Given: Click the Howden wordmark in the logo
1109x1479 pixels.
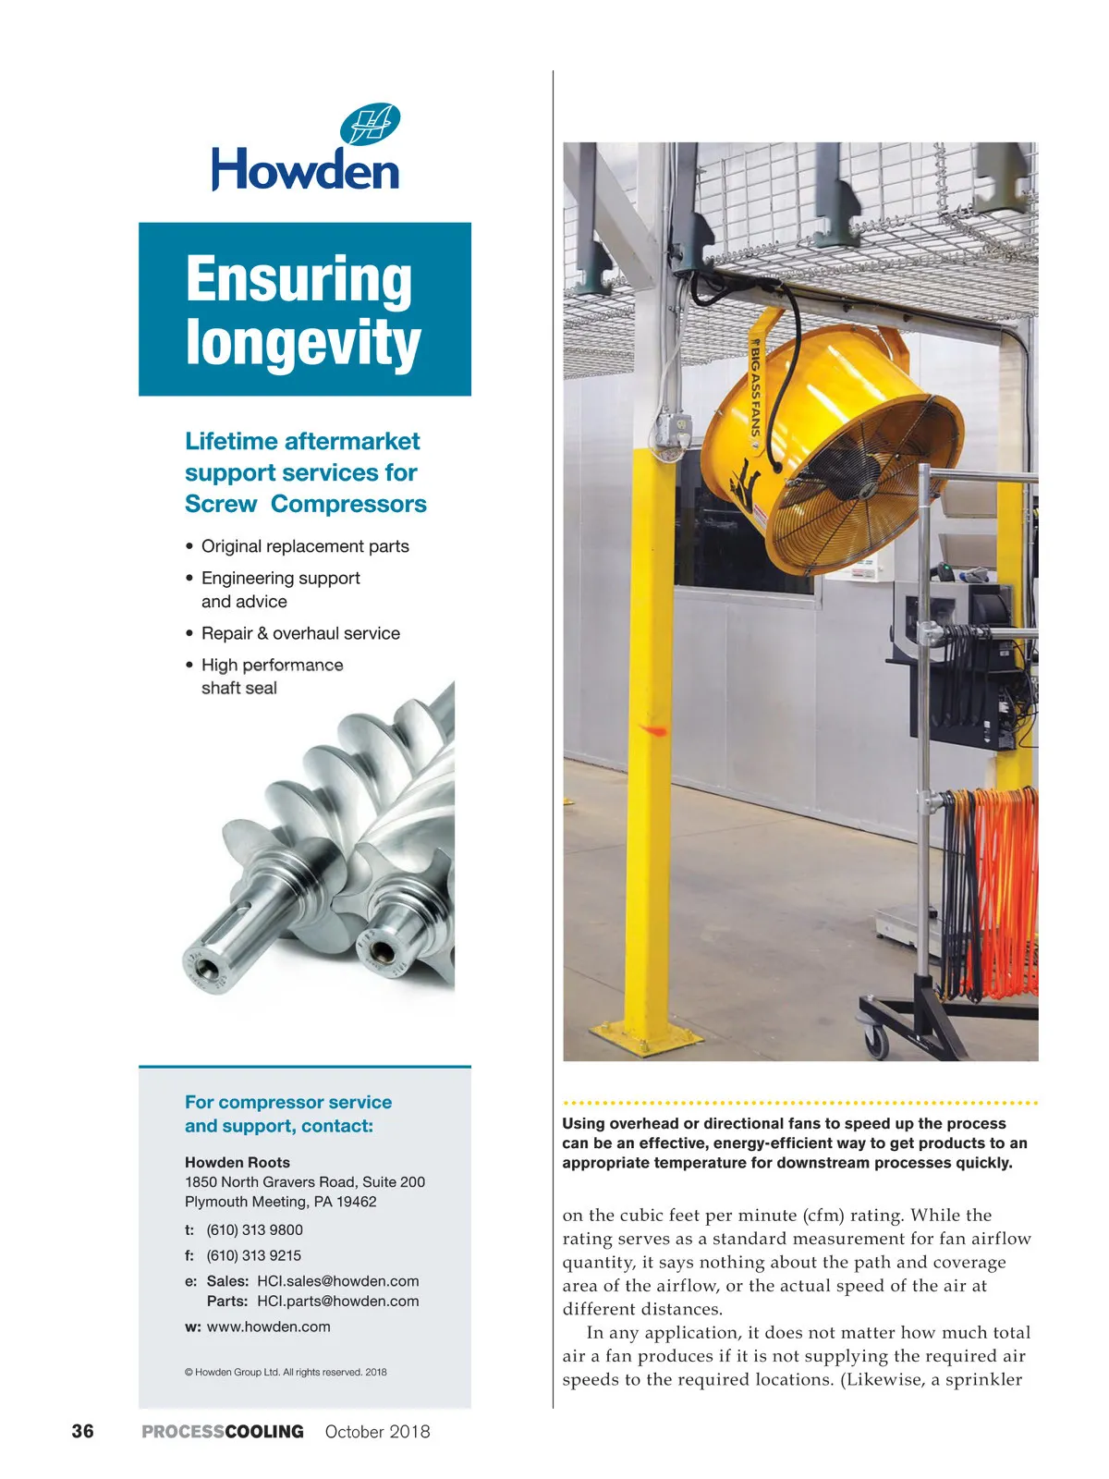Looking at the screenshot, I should pos(305,170).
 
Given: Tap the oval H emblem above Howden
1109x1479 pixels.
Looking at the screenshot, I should pos(370,125).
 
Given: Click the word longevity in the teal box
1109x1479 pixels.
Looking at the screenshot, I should pos(303,343).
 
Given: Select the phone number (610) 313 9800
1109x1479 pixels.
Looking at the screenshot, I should pos(254,1229).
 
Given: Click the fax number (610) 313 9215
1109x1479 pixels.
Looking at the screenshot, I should pos(253,1255).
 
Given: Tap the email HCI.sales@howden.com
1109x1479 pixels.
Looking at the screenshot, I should pos(337,1281).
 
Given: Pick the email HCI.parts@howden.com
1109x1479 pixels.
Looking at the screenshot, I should pos(337,1301).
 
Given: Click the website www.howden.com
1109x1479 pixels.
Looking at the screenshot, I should pos(268,1326).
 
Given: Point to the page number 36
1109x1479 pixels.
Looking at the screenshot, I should pos(82,1431).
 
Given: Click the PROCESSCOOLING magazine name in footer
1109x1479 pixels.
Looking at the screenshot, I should pos(223,1431).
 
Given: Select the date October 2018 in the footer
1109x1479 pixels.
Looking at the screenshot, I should pos(377,1431).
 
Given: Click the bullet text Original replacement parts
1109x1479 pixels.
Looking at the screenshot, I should pos(305,546).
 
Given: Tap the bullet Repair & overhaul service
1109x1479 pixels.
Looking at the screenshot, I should pos(300,633).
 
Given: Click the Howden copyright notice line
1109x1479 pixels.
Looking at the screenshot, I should pos(286,1372).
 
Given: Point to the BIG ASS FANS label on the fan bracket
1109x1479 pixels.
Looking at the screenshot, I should pos(755,388).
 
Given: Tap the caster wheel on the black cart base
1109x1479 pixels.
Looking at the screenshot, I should pos(875,1040).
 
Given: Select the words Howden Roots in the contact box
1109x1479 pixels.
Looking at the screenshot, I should pos(238,1162).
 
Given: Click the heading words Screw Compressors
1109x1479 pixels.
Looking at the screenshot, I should pos(305,504).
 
